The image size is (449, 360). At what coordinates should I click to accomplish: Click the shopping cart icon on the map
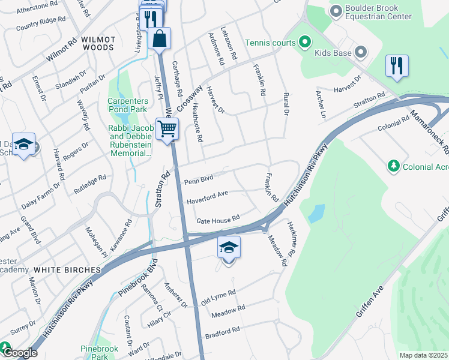(x=167, y=128)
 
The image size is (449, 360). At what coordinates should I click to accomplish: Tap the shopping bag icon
(x=159, y=38)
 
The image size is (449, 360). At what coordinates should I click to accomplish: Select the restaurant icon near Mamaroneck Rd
(x=396, y=66)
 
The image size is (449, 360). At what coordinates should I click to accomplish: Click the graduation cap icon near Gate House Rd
(x=229, y=247)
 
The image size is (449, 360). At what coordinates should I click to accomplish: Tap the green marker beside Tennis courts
(x=306, y=43)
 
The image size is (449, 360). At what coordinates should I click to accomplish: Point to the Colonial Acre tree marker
(x=394, y=166)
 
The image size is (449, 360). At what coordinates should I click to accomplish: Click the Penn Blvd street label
(x=199, y=180)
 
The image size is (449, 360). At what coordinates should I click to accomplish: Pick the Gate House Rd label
(x=218, y=220)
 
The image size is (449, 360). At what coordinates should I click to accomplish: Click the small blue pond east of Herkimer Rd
(x=316, y=214)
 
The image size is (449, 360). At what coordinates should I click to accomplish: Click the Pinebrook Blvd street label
(x=132, y=280)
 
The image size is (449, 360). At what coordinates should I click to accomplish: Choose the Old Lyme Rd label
(x=218, y=297)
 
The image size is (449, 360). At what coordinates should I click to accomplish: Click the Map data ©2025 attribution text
(x=423, y=355)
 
